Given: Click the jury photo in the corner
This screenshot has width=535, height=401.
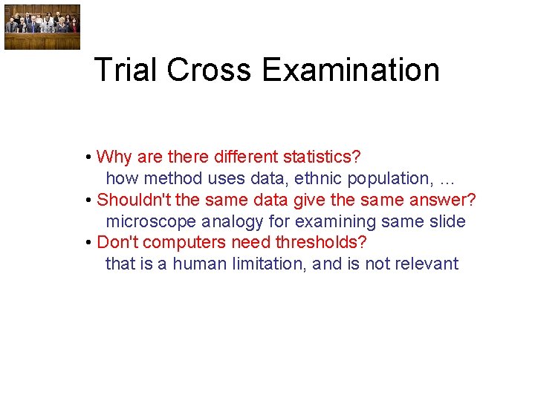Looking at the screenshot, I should [42, 27].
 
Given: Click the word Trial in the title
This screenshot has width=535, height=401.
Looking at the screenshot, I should [126, 71].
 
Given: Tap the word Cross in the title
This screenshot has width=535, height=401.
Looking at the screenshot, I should [210, 71].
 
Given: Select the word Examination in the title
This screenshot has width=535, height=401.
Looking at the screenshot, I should [350, 71].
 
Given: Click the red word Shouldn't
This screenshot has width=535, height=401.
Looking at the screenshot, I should [134, 200].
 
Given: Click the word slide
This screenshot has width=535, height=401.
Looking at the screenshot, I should [447, 221].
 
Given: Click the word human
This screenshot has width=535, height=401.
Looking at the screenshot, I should [198, 264].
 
